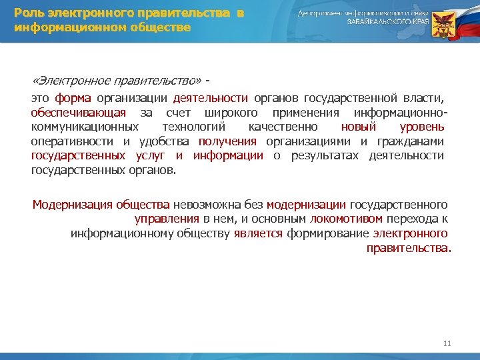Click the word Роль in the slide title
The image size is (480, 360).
[x=29, y=13]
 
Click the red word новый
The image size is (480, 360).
[x=359, y=127]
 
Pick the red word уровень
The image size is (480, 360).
[x=421, y=127]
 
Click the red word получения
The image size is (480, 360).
[x=227, y=141]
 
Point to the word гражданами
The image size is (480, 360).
[x=413, y=141]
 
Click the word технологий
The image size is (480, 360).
[x=193, y=127]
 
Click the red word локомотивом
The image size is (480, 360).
[x=347, y=219]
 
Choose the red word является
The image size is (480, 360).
[x=258, y=233]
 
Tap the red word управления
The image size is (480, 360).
[x=167, y=219]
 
